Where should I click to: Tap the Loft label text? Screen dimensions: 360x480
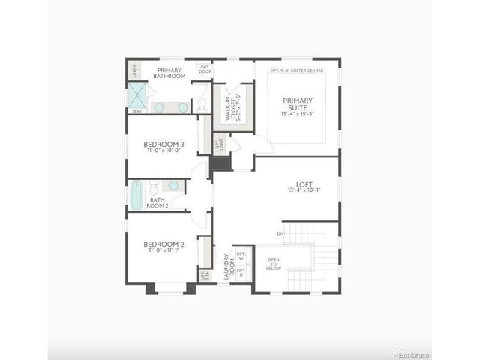click(304, 187)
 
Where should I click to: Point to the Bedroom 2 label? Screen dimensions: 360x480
click(163, 247)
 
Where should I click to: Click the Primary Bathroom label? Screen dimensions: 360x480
click(169, 73)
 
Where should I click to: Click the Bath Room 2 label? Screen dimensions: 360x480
click(157, 202)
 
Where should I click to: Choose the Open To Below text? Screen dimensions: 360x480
click(274, 265)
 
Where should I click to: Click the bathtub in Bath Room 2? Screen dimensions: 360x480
click(136, 196)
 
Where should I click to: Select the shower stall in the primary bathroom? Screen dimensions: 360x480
click(137, 95)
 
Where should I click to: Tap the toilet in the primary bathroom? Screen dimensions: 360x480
click(202, 105)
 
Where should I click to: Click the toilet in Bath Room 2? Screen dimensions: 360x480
click(153, 185)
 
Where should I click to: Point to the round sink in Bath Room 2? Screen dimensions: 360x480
click(174, 185)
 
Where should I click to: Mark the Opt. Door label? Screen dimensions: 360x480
click(205, 68)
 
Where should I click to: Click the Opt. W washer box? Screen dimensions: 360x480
click(241, 256)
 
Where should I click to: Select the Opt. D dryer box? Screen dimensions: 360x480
click(241, 272)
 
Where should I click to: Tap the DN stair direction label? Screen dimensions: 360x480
click(280, 234)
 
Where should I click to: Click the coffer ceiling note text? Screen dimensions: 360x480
click(297, 70)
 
